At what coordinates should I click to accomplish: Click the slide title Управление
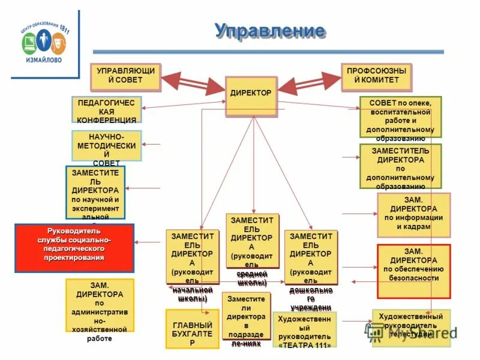[270, 31]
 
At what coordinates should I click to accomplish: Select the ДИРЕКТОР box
[251, 95]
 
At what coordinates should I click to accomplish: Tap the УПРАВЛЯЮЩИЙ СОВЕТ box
[125, 77]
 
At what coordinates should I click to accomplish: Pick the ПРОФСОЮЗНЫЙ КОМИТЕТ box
[376, 77]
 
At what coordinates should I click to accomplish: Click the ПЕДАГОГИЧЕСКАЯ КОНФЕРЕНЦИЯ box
[106, 112]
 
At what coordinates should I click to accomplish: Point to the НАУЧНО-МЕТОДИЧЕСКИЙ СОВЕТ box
[106, 146]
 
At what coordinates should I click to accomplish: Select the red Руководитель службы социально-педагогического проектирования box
[74, 247]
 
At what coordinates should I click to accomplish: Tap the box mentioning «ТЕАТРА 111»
[304, 330]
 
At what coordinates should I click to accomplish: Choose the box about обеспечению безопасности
[413, 271]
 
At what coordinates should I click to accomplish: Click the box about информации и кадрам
[413, 215]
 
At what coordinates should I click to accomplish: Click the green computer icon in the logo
[29, 44]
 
